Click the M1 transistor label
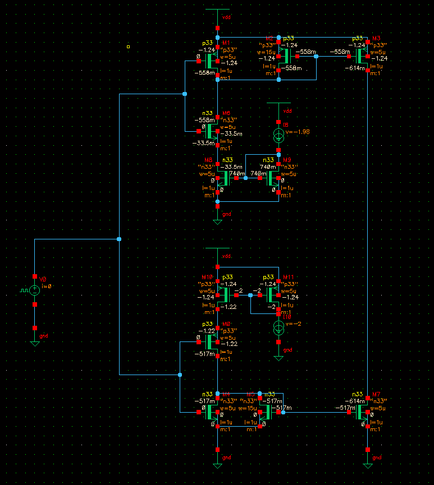point(226,43)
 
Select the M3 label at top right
point(376,38)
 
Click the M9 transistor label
point(287,160)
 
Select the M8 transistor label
point(208,160)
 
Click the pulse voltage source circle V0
point(35,290)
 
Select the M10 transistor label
point(207,277)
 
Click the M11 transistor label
point(288,277)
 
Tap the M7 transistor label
point(376,394)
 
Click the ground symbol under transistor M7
point(367,465)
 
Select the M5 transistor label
point(250,394)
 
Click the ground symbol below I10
point(278,356)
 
